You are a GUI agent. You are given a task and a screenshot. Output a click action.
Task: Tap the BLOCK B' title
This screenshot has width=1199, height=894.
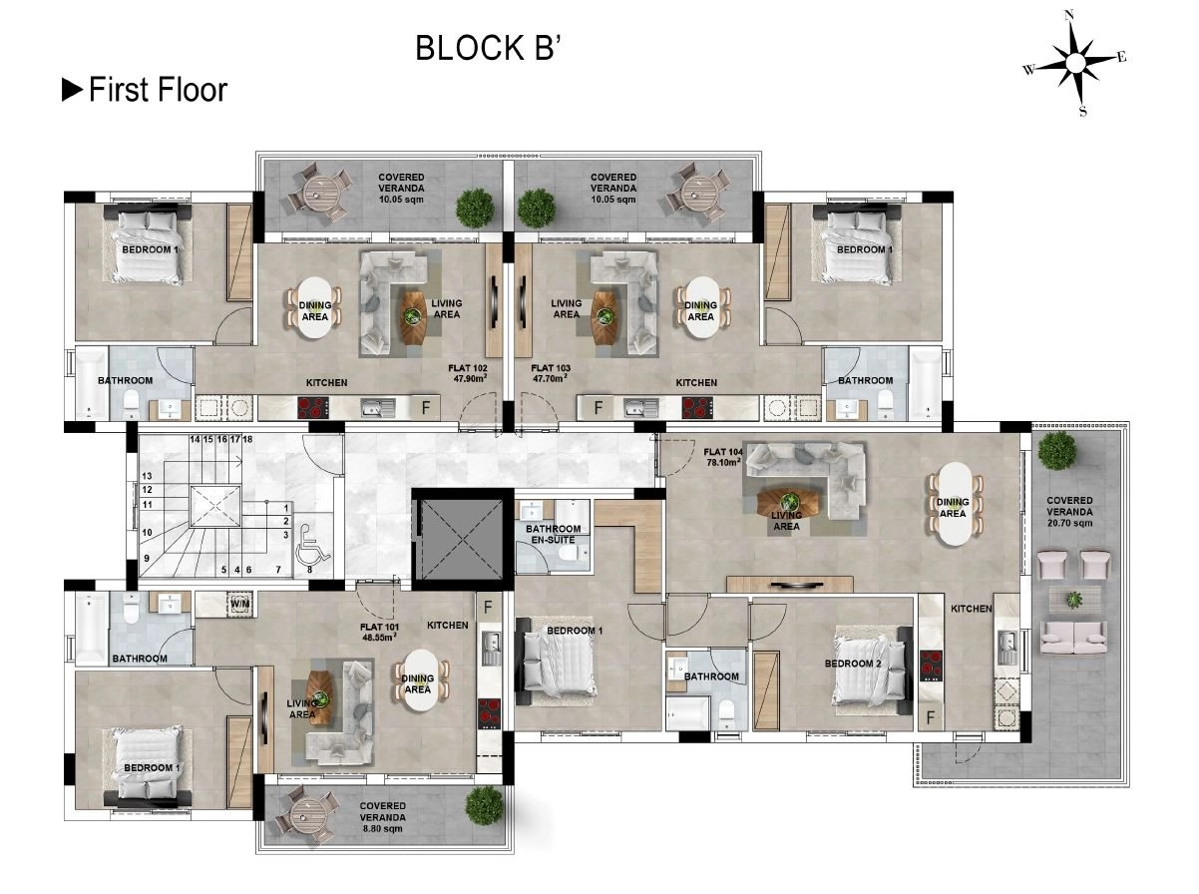pos(488,48)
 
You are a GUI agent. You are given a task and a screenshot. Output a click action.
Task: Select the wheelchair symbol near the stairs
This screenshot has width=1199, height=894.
pos(312,543)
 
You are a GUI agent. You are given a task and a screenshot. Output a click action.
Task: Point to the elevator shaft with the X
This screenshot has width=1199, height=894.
pos(463,539)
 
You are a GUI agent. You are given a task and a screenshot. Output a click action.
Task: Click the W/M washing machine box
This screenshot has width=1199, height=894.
pos(239,604)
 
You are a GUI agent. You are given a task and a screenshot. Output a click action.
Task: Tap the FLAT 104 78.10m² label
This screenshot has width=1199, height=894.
pos(722,457)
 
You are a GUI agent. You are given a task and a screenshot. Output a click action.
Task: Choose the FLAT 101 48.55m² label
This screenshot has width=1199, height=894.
pos(379,632)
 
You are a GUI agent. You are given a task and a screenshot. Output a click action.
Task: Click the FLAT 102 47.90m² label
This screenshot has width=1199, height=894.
pos(468,373)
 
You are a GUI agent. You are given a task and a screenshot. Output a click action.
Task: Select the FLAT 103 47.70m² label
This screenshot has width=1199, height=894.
pos(550,373)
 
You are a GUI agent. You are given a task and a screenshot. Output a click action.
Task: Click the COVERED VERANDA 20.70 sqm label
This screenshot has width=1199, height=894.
pos(1069,512)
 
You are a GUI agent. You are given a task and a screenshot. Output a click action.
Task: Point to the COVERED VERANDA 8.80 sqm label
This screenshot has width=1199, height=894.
pos(382,817)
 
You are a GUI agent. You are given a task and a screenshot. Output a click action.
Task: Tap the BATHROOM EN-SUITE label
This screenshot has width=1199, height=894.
pos(553,534)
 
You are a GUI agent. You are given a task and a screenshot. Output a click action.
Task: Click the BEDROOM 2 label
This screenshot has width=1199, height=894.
pos(853,664)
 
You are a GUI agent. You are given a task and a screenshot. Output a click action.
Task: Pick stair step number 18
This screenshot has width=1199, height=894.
pos(247,439)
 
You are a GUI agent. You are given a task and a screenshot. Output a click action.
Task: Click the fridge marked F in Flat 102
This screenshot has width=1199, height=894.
pos(426,407)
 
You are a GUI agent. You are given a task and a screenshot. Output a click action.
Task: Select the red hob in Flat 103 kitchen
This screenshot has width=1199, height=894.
pos(697,408)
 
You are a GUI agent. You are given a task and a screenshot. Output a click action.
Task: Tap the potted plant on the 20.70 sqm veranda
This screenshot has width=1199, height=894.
pos(1056,450)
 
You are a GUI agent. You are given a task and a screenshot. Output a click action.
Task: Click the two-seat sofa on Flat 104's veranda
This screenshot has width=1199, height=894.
pos(1073,638)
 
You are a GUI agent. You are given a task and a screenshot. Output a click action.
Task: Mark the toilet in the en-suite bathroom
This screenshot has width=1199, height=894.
pos(569,555)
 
